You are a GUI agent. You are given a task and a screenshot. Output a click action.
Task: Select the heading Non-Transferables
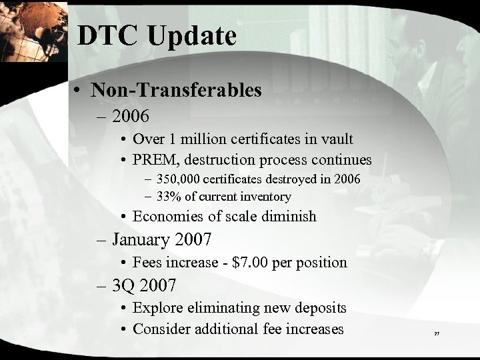177,90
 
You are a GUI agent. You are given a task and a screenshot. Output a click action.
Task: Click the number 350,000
181,180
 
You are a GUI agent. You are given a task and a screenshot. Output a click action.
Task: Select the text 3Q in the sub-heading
124,286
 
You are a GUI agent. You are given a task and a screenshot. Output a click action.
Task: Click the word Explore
157,308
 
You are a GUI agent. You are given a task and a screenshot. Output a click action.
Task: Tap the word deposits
321,309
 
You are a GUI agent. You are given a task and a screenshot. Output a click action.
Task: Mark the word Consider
161,329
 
